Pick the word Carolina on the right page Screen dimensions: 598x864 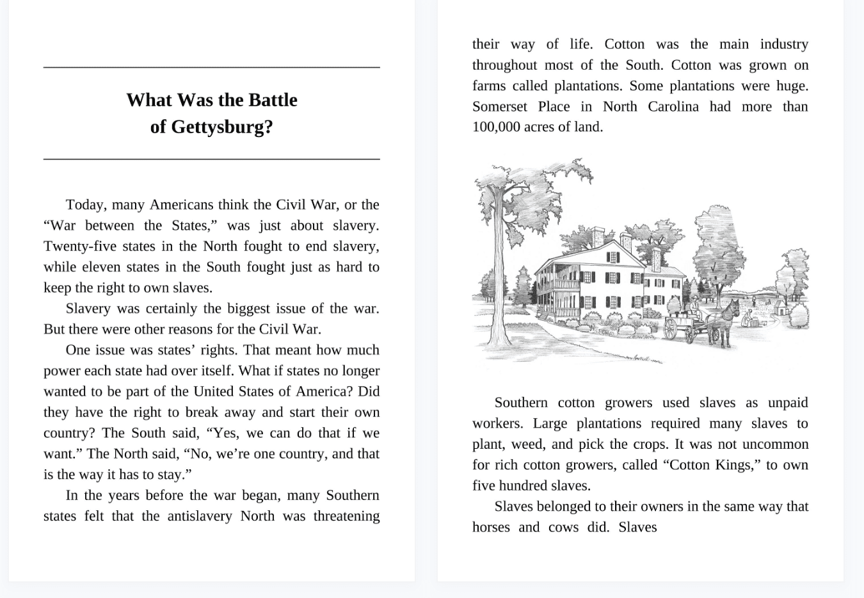[x=673, y=106]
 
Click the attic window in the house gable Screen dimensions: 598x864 [x=612, y=257]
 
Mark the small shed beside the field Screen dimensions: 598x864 [x=782, y=309]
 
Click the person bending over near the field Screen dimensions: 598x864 [x=747, y=318]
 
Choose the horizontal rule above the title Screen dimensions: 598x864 [x=211, y=67]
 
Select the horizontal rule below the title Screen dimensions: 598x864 [x=211, y=158]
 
